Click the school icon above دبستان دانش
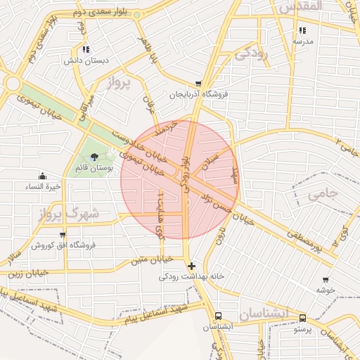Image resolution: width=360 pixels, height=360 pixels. click(x=86, y=49)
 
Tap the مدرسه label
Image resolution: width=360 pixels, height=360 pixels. click(x=303, y=41)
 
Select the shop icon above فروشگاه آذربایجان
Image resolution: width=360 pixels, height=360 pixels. click(x=199, y=83)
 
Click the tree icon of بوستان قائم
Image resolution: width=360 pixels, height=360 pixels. click(x=95, y=158)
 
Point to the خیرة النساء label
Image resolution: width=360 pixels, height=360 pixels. click(x=43, y=187)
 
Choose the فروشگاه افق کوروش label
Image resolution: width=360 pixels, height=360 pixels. click(x=63, y=245)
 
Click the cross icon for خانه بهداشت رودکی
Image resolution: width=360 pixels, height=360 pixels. click(x=192, y=266)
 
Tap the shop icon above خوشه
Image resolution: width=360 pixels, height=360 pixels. click(x=324, y=279)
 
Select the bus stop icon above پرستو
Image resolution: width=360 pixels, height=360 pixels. click(x=302, y=318)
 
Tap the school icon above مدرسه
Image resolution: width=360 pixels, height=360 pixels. click(x=303, y=30)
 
